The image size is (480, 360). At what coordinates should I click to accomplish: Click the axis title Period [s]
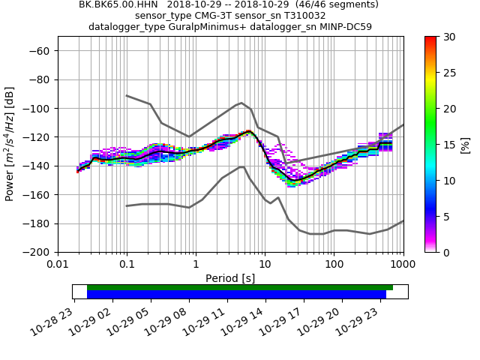(x=230, y=278)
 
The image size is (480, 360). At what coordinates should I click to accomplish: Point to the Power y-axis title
(x=10, y=144)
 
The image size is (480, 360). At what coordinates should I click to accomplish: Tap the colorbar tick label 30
(x=447, y=37)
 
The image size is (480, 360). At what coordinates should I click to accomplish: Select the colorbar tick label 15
(x=447, y=145)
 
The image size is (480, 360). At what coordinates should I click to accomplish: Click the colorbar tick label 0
(x=445, y=253)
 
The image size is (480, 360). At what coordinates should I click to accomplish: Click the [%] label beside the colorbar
(x=466, y=144)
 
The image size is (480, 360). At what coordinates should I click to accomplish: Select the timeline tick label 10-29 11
(x=214, y=318)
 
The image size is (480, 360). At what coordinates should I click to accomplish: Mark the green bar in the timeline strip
(x=240, y=287)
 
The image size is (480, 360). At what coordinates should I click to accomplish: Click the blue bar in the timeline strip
(x=236, y=295)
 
